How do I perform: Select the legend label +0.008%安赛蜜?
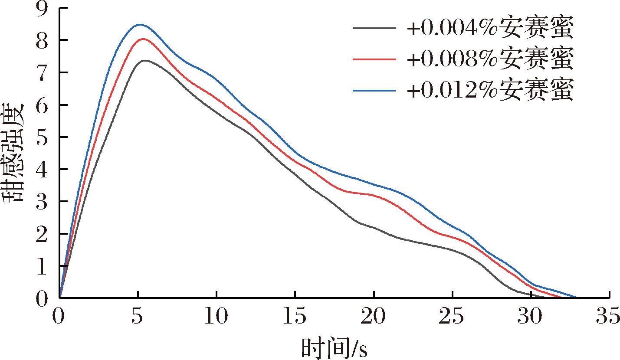[490, 60]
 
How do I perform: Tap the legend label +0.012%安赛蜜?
[490, 91]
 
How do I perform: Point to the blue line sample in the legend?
[374, 90]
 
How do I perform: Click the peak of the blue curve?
[139, 25]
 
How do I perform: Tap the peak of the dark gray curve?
[145, 60]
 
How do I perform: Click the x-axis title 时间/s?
[334, 348]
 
